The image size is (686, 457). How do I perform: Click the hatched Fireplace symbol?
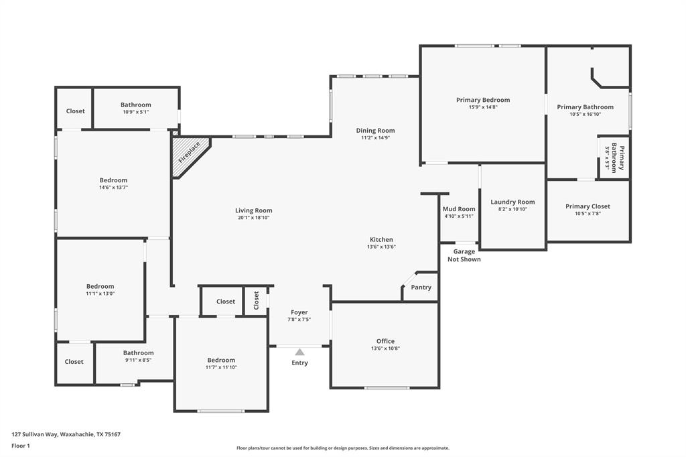(x=187, y=155)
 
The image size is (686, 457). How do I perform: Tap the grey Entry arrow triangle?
(x=299, y=352)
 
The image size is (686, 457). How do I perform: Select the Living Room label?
(x=253, y=210)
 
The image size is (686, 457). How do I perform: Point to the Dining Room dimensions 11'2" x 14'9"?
(x=375, y=138)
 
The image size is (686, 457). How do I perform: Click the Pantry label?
(x=421, y=287)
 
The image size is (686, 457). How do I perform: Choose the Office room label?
(x=385, y=341)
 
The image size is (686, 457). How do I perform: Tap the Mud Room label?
(x=459, y=209)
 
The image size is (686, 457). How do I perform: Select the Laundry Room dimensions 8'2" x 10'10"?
(x=512, y=209)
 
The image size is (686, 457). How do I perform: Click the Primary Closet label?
(x=588, y=206)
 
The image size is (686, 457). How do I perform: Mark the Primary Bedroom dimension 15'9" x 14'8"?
(x=483, y=107)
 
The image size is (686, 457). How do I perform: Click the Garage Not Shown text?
(x=464, y=255)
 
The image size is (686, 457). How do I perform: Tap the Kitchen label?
(x=381, y=239)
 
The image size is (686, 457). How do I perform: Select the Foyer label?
(x=299, y=312)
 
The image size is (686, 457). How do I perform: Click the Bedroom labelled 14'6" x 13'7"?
(x=113, y=180)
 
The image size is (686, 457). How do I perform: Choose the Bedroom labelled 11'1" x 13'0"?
(x=100, y=286)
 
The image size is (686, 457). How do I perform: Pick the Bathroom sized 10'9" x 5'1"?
(x=136, y=105)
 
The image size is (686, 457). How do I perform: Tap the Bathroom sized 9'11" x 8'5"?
(x=138, y=352)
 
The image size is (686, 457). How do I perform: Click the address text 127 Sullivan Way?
(x=66, y=434)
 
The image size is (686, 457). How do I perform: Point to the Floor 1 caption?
(x=21, y=446)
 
